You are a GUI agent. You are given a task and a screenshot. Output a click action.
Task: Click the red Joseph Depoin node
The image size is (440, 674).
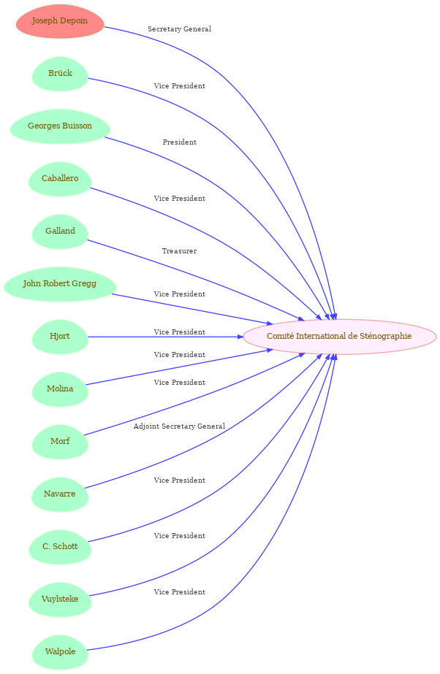pyautogui.click(x=60, y=21)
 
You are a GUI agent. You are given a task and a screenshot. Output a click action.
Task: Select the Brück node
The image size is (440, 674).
pyautogui.click(x=60, y=74)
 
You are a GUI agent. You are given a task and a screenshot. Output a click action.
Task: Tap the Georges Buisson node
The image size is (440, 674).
pyautogui.click(x=60, y=126)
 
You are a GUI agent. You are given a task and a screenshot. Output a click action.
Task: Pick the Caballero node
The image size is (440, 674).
pyautogui.click(x=60, y=179)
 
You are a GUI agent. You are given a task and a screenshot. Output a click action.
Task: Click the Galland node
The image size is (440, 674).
pyautogui.click(x=60, y=231)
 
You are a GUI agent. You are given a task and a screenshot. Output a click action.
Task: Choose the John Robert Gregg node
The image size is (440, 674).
pyautogui.click(x=60, y=284)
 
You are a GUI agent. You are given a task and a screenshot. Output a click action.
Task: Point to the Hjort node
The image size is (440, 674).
pyautogui.click(x=60, y=337)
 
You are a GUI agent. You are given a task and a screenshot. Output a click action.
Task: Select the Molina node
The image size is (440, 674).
pyautogui.click(x=60, y=389)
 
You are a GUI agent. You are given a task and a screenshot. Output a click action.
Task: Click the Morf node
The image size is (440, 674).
pyautogui.click(x=60, y=442)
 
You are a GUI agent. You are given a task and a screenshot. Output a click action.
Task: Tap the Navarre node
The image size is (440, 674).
pyautogui.click(x=60, y=494)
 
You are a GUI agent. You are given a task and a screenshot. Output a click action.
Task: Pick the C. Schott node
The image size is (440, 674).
pyautogui.click(x=60, y=547)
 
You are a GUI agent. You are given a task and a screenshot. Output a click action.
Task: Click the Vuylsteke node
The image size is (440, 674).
pyautogui.click(x=60, y=600)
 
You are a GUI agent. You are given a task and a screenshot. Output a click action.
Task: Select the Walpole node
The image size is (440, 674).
pyautogui.click(x=60, y=652)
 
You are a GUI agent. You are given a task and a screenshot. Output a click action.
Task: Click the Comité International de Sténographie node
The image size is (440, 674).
pyautogui.click(x=339, y=337)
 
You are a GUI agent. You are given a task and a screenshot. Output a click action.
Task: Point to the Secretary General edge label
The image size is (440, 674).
pyautogui.click(x=179, y=29)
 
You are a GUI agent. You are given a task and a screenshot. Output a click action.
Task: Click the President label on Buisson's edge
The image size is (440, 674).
pyautogui.click(x=179, y=142)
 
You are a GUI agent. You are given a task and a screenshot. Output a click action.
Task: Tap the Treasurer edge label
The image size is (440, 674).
pyautogui.click(x=179, y=251)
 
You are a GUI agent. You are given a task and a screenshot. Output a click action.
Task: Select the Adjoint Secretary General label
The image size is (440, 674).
pyautogui.click(x=179, y=426)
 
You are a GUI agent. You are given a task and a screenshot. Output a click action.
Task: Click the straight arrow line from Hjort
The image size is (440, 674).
pyautogui.click(x=166, y=337)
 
